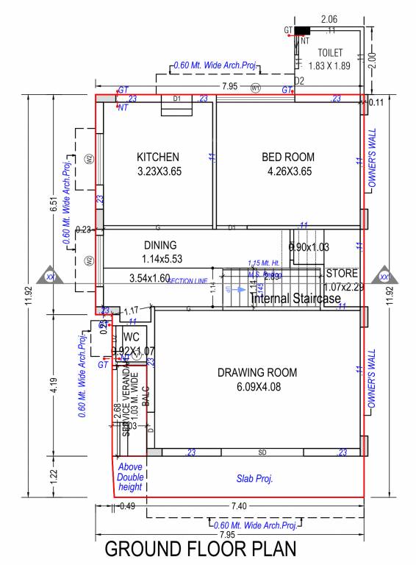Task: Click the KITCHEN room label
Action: [158, 157]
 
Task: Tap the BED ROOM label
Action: [288, 157]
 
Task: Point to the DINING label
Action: [160, 245]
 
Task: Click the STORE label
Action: [342, 273]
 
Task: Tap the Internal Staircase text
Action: [295, 299]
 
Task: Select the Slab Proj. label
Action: [255, 479]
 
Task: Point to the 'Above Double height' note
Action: [130, 477]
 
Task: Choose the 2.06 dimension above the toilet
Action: [329, 18]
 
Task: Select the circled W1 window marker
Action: [256, 88]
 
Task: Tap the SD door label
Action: [262, 452]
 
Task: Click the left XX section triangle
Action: [51, 276]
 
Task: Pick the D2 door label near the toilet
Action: [299, 80]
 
